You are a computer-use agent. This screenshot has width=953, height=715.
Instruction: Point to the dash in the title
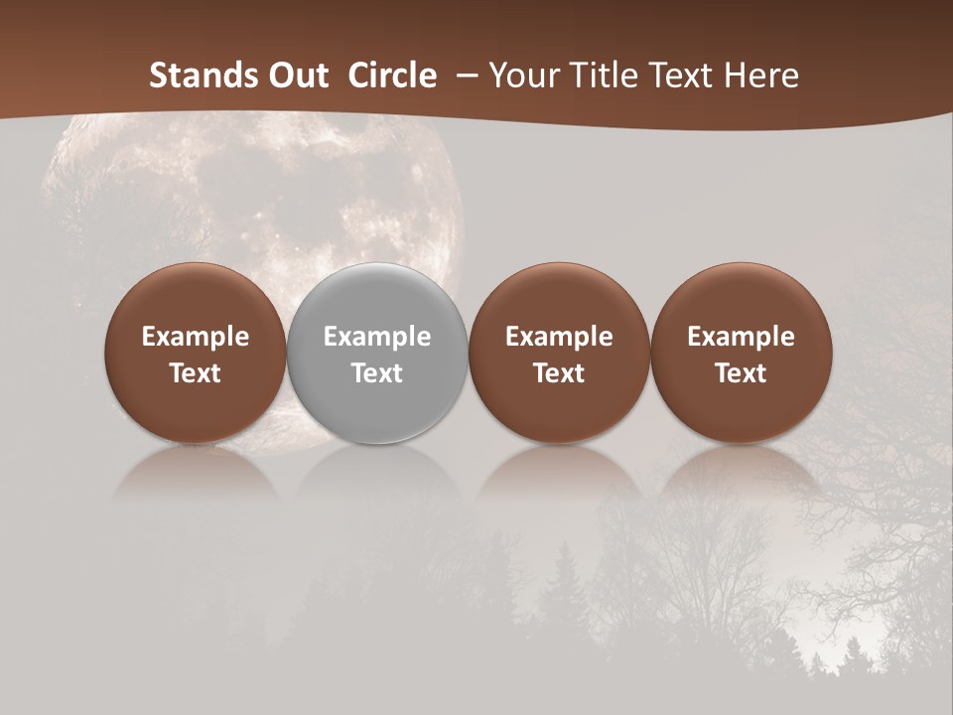(x=465, y=76)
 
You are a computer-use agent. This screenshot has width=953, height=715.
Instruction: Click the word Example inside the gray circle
(x=377, y=337)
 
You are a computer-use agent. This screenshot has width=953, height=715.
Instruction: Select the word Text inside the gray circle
(x=377, y=373)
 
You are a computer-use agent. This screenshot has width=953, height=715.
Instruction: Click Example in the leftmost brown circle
(x=196, y=337)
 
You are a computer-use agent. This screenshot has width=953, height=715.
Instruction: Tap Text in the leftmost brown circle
(x=196, y=373)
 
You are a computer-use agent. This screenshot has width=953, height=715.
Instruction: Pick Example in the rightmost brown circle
(x=741, y=337)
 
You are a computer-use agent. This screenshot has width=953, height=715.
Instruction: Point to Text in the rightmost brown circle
(x=741, y=373)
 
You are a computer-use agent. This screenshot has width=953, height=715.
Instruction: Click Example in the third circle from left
(x=559, y=337)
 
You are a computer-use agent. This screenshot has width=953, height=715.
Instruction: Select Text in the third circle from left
(x=559, y=373)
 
